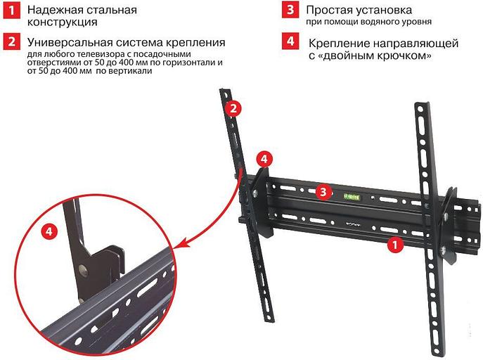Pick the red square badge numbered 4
[290, 41]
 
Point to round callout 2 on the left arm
[234, 108]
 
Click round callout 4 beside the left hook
[262, 159]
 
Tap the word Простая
[329, 11]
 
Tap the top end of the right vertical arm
[418, 108]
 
